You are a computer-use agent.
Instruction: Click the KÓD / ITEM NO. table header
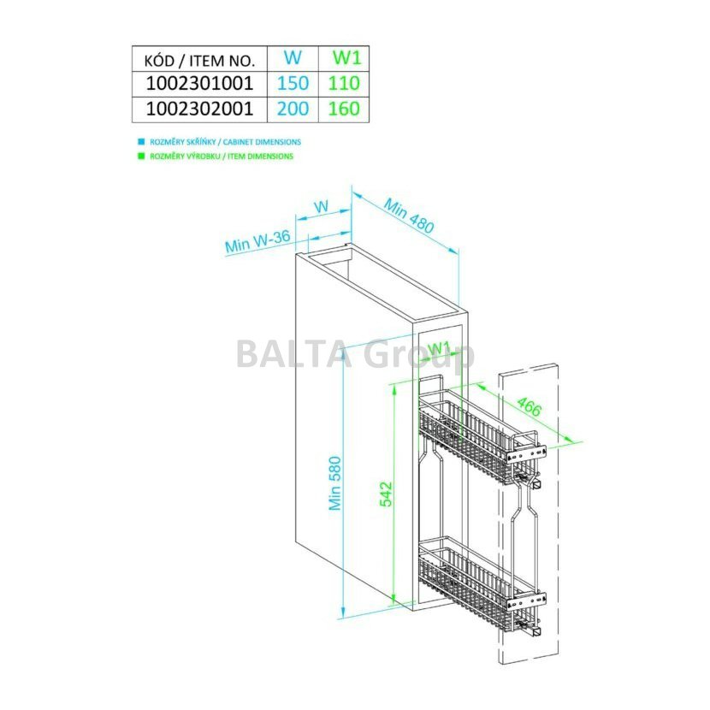click(x=199, y=60)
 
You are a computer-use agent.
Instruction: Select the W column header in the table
click(x=293, y=57)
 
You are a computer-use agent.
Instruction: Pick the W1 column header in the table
click(x=346, y=57)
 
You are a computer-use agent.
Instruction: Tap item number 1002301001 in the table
click(x=199, y=83)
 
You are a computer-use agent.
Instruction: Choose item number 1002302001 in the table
click(x=199, y=109)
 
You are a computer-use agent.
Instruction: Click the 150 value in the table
click(x=293, y=83)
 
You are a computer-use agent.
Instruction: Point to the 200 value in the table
click(x=293, y=109)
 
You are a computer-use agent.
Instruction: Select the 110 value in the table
click(x=344, y=83)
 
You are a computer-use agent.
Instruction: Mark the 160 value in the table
click(x=344, y=109)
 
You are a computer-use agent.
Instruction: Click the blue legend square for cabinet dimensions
click(x=141, y=142)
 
